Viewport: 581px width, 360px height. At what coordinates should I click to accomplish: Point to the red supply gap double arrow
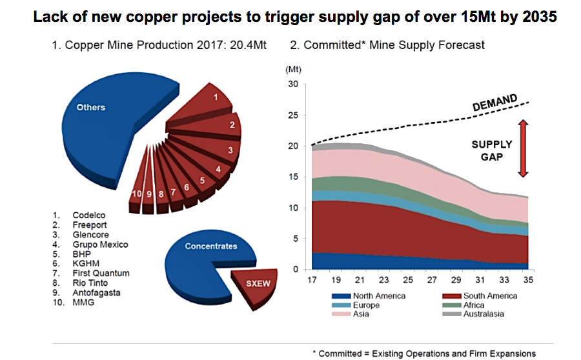point(523,148)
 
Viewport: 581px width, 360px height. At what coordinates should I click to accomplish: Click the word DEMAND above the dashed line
point(494,103)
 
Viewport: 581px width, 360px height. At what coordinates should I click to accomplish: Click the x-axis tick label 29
point(455,280)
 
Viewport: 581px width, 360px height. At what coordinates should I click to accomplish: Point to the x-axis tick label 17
point(312,280)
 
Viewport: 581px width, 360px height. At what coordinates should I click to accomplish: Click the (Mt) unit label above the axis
point(293,68)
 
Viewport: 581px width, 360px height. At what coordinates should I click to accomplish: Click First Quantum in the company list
point(101,273)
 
